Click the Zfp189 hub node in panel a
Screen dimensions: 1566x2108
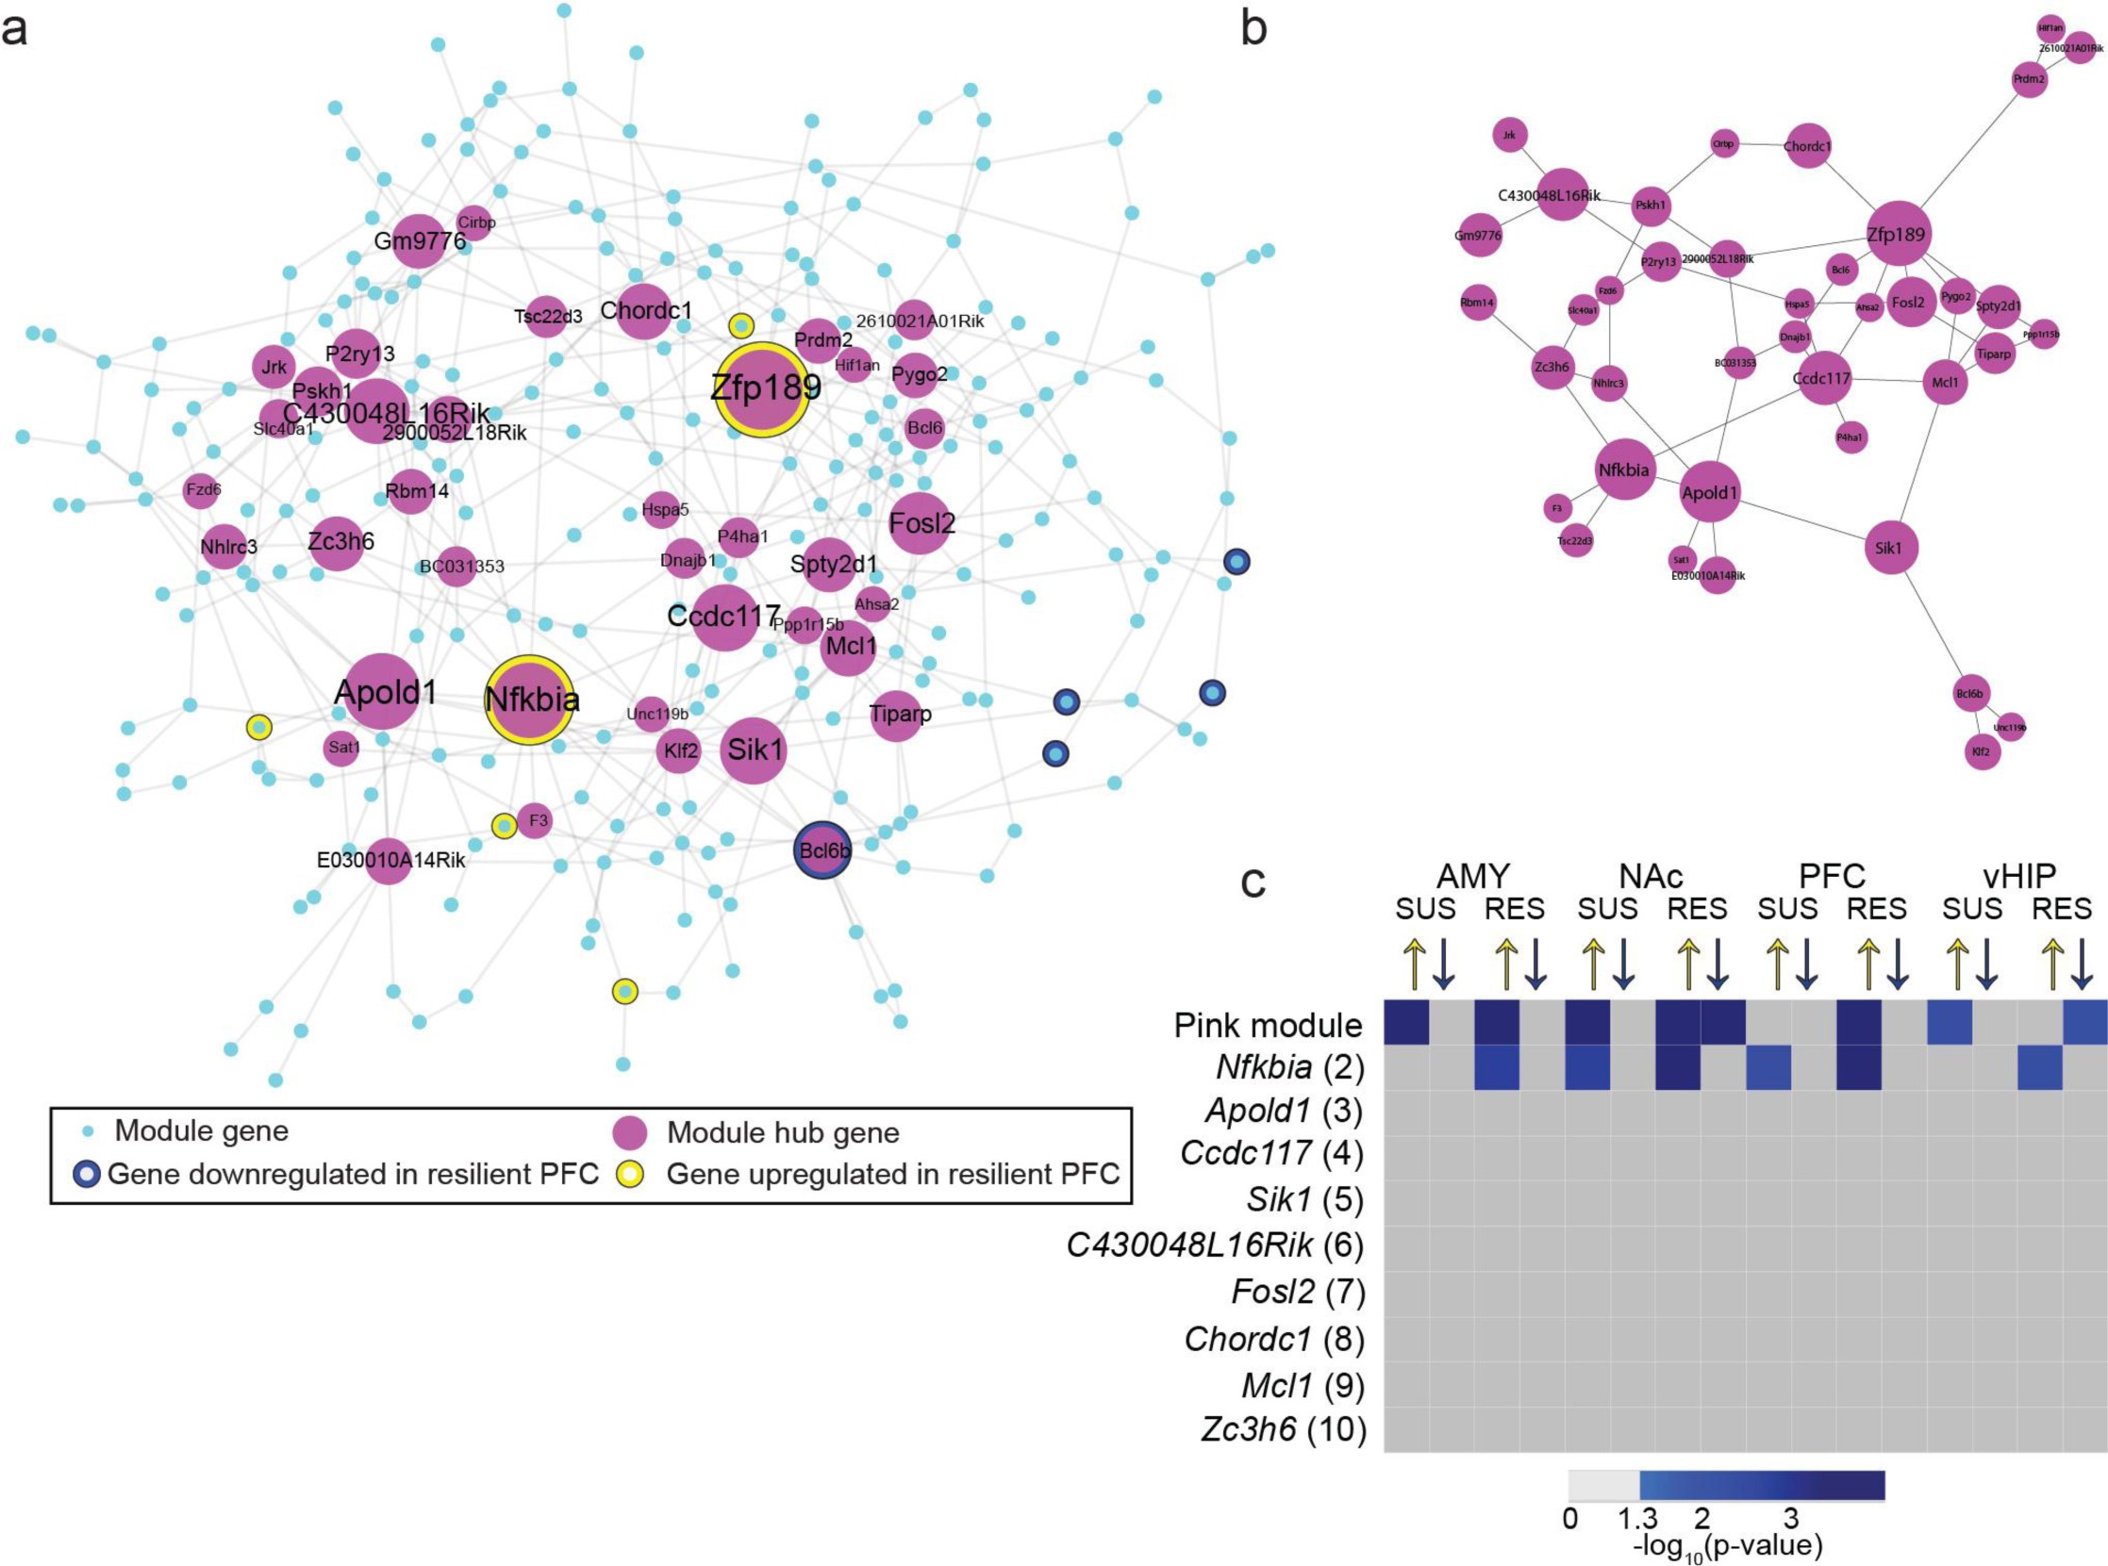pos(762,389)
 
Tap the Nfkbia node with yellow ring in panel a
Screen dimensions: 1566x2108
pos(530,700)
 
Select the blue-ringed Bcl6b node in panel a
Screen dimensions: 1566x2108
pos(822,850)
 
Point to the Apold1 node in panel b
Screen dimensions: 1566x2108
pos(1710,493)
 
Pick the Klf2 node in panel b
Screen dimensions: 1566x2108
pos(1981,750)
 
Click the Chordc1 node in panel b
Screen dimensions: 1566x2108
pos(1806,146)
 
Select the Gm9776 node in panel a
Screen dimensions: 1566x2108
pos(418,240)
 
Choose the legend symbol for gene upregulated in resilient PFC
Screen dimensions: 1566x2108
pos(631,1175)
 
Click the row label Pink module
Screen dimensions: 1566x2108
pos(1268,1025)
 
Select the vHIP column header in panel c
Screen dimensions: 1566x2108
pos(2019,875)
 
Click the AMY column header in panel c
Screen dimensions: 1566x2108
pos(1471,875)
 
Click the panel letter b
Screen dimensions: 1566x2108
pos(1253,30)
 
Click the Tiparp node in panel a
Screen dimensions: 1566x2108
pos(898,714)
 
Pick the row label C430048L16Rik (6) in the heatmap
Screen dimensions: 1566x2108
pos(1215,1245)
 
